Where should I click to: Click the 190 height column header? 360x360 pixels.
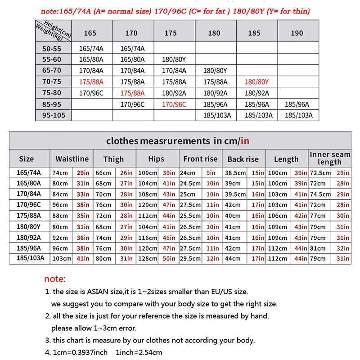(297, 33)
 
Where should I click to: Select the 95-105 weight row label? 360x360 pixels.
(54, 115)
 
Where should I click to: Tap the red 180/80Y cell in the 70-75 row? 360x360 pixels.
(256, 82)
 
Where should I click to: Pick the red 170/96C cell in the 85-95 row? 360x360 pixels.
(174, 104)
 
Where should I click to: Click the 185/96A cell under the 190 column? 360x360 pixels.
(297, 104)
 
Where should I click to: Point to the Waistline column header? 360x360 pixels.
(72, 159)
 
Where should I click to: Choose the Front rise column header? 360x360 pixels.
(200, 159)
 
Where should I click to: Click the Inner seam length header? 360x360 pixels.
(330, 158)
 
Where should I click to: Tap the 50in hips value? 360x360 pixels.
(169, 258)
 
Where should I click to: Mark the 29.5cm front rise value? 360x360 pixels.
(190, 258)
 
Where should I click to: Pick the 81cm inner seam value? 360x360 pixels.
(318, 247)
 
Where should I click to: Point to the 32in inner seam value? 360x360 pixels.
(343, 247)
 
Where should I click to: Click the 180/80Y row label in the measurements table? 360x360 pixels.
(30, 226)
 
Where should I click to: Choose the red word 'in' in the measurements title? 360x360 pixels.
(245, 141)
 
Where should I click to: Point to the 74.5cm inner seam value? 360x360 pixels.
(320, 194)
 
